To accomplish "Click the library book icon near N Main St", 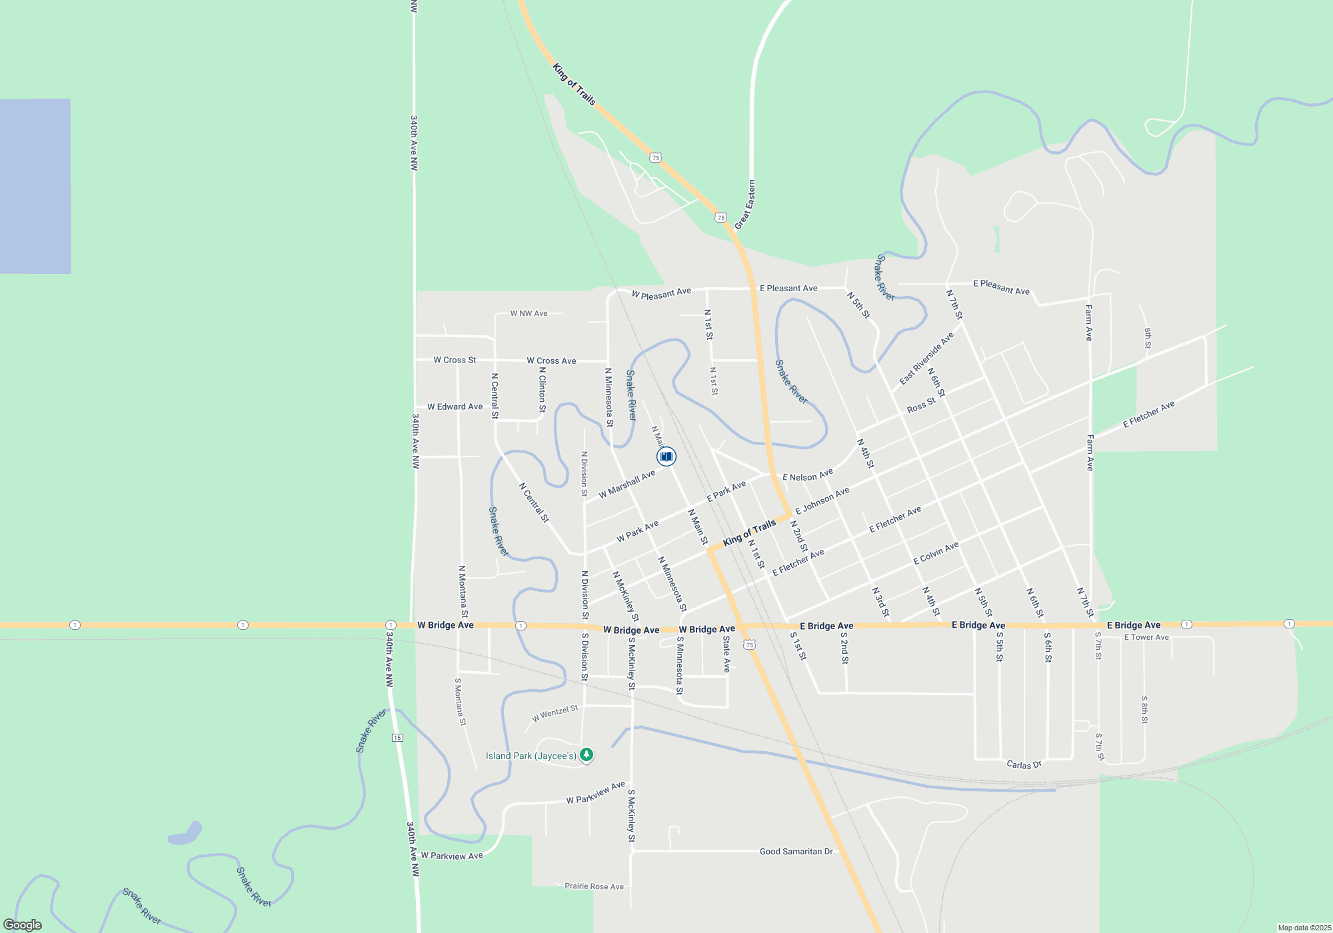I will click(x=666, y=457).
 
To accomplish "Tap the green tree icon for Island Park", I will click(x=587, y=754).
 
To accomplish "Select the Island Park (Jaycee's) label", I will click(x=531, y=756).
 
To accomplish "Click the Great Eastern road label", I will click(x=745, y=205).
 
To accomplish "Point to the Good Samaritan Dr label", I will click(x=796, y=851).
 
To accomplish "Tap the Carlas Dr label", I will click(x=1024, y=764).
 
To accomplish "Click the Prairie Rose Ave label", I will click(x=594, y=886).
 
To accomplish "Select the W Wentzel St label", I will click(x=555, y=713).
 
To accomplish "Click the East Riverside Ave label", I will click(x=926, y=359).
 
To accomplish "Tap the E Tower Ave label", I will click(x=1146, y=637).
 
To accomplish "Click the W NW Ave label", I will click(x=529, y=313).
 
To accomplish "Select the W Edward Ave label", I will click(x=455, y=407).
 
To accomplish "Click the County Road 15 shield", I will click(x=397, y=737).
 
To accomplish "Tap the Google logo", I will click(x=23, y=925).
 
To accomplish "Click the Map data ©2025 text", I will click(x=1304, y=928).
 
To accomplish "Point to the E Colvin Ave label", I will click(x=936, y=553).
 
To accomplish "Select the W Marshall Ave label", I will click(x=627, y=484).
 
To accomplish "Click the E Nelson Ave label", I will click(x=807, y=475).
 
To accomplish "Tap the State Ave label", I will click(x=726, y=654).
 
